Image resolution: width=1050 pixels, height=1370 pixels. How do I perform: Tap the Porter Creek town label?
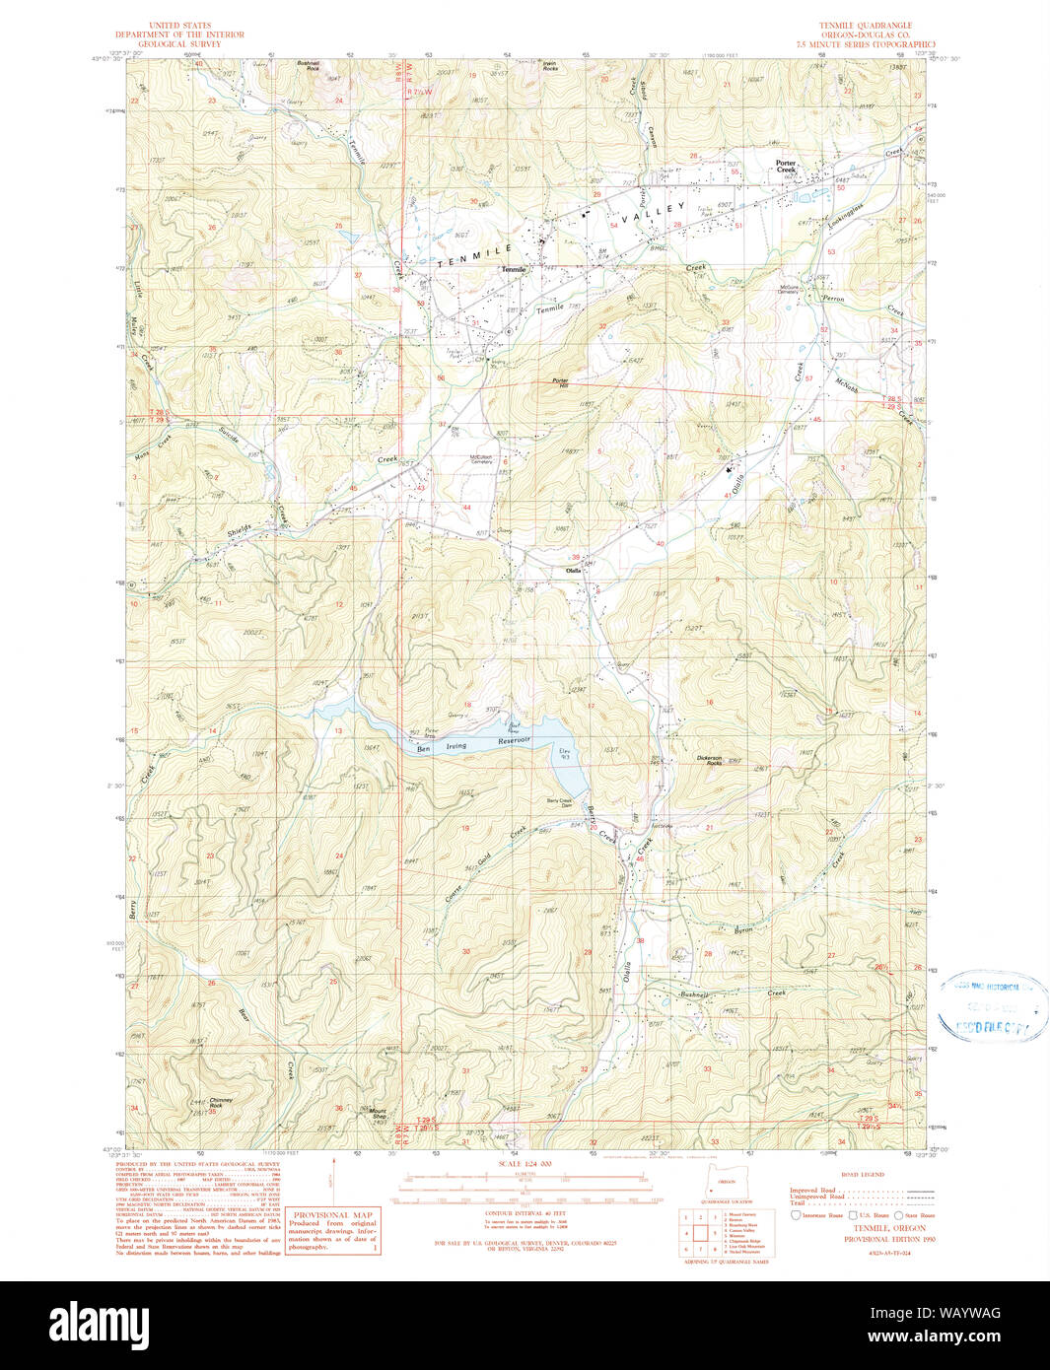[x=786, y=167]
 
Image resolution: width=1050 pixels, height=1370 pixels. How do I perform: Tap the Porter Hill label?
[x=560, y=381]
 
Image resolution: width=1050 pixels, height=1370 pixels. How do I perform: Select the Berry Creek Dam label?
[x=559, y=800]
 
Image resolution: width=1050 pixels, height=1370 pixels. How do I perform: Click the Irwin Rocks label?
[x=549, y=67]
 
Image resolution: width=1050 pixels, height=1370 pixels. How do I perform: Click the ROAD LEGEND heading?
[x=863, y=1175]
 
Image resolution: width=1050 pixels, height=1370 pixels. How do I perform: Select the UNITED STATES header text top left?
[x=178, y=26]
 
